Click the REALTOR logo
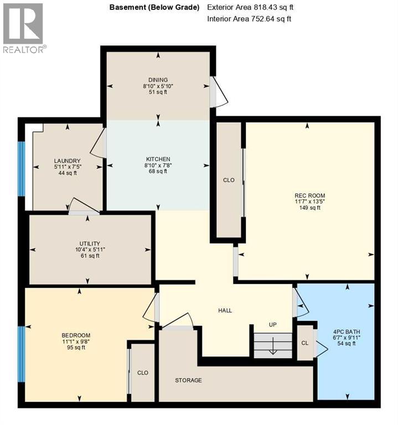tap(24, 28)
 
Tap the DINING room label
tap(158, 80)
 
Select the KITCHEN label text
tap(158, 159)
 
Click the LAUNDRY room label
tap(68, 160)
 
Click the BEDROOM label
tap(76, 335)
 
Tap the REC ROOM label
tap(309, 195)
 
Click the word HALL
tap(225, 310)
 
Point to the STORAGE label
tap(188, 380)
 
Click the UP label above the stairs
tap(272, 325)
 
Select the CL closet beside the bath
tap(304, 343)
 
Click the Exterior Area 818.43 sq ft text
tap(249, 8)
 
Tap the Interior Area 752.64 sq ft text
tap(249, 19)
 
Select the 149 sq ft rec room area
tap(309, 208)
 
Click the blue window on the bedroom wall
tap(22, 354)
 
